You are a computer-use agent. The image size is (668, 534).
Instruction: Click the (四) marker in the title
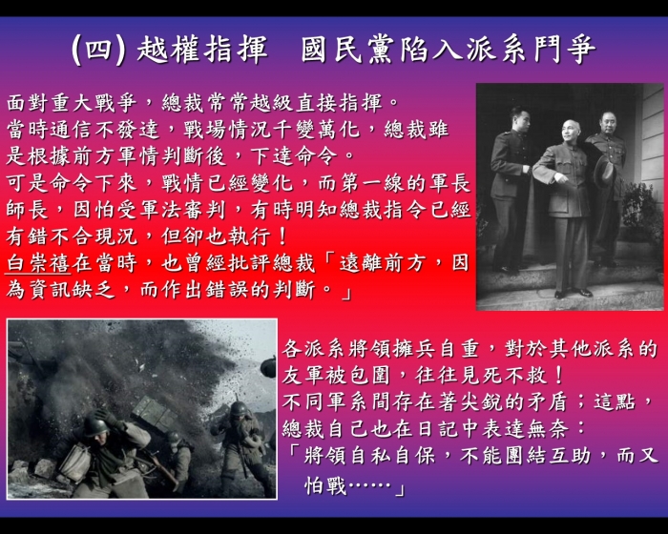[x=99, y=50]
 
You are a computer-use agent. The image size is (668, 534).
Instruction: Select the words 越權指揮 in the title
[x=202, y=50]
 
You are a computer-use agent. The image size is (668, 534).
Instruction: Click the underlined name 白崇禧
[x=38, y=263]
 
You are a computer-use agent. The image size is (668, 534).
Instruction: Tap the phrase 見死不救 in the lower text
[x=504, y=375]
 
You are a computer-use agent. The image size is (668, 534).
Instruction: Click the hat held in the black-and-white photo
[x=604, y=172]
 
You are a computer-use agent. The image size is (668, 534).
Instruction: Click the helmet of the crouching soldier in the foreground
[x=95, y=425]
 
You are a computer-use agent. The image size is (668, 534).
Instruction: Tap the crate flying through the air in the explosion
[x=155, y=412]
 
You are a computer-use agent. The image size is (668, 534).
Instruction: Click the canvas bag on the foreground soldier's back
[x=75, y=462]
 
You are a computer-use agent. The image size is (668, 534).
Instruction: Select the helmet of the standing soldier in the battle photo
[x=239, y=409]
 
